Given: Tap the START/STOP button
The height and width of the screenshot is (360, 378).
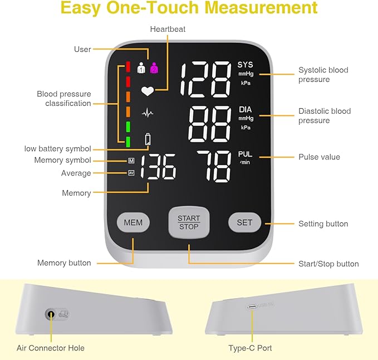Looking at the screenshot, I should [x=189, y=222].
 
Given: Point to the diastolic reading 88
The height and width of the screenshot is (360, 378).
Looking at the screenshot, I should [x=210, y=124].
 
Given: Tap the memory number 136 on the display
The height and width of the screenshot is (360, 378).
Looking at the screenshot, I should [x=159, y=167].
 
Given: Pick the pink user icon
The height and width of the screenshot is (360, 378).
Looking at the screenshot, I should [x=154, y=68].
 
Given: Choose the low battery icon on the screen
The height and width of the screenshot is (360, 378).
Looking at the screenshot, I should [x=148, y=139].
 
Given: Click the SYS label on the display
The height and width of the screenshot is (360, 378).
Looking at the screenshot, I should [x=245, y=65].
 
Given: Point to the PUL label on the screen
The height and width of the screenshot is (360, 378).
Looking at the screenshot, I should [x=245, y=154].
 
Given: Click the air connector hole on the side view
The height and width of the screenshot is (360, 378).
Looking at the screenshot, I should [x=52, y=314].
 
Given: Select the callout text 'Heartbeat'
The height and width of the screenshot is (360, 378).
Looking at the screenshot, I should [x=168, y=28].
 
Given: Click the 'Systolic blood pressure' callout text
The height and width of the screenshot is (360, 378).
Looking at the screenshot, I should [x=323, y=75].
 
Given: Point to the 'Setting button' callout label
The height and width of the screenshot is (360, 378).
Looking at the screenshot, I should [x=323, y=224].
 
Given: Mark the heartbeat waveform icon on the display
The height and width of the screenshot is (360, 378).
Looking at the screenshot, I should [x=148, y=113].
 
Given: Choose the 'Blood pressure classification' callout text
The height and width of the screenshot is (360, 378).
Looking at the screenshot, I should [x=64, y=99].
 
